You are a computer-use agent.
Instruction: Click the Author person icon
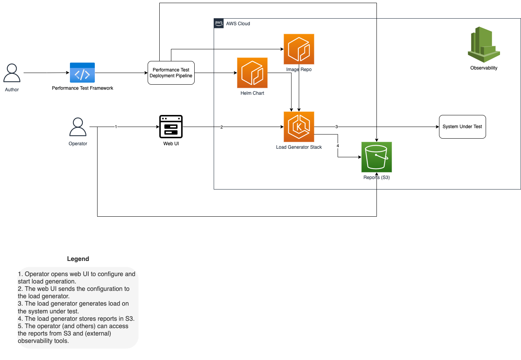[12, 73]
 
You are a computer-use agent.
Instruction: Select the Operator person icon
[78, 127]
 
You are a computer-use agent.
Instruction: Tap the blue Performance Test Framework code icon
[82, 73]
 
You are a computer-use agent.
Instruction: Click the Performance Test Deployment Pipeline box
[171, 73]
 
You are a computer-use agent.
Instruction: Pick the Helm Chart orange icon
[253, 73]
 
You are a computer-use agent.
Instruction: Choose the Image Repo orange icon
[299, 49]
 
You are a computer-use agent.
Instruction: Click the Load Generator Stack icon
[299, 127]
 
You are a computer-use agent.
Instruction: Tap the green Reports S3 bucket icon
[376, 157]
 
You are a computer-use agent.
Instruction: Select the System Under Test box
[462, 127]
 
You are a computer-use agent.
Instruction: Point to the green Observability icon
[484, 44]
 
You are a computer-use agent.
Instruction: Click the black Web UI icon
[171, 127]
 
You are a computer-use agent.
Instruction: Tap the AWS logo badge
[219, 23]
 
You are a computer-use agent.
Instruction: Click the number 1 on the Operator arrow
[116, 127]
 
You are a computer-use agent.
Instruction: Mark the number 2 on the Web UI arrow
[222, 127]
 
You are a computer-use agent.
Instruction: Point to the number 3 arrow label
[336, 127]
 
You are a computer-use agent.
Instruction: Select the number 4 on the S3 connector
[338, 146]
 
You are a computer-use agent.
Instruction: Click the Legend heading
[78, 259]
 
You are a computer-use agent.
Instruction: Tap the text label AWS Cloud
[238, 23]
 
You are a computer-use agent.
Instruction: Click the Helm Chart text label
[253, 93]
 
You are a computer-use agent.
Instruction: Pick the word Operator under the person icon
[78, 144]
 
